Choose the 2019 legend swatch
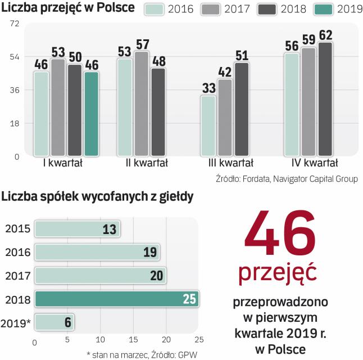click(316, 10)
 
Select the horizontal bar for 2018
click(116, 298)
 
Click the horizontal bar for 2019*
click(55, 323)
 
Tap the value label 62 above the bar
click(325, 35)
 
